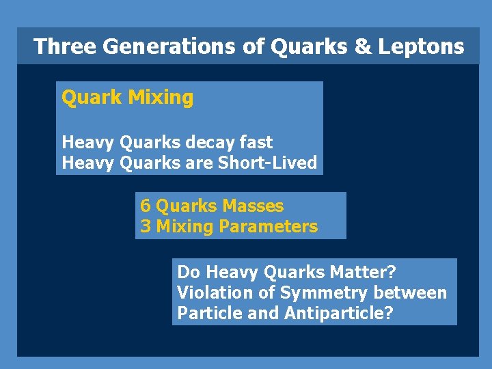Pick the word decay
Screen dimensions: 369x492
click(206, 143)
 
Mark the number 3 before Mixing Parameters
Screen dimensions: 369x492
click(146, 226)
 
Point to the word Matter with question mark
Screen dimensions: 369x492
click(362, 272)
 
